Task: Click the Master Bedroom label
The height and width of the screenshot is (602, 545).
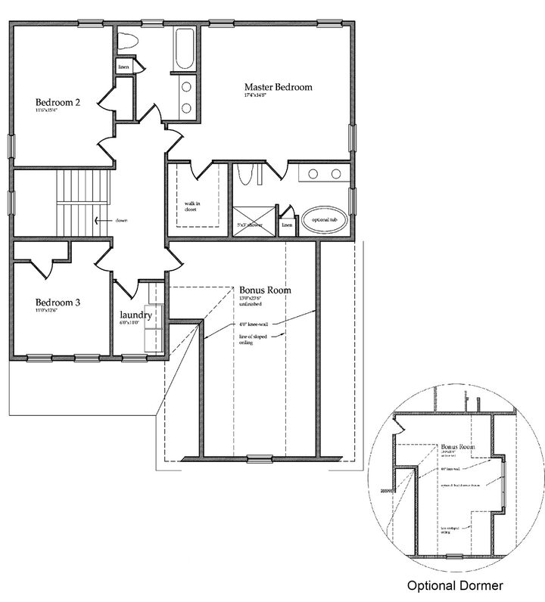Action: (x=278, y=87)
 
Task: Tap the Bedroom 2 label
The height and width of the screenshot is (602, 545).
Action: (x=58, y=102)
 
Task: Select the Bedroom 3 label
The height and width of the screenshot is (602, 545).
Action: (x=58, y=303)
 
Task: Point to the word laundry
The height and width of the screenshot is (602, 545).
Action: (x=136, y=315)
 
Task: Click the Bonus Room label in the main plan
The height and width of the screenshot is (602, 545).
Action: (x=265, y=290)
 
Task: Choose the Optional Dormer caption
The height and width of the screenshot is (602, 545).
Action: (x=455, y=585)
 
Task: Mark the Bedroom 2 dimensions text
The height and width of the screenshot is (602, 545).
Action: (x=51, y=111)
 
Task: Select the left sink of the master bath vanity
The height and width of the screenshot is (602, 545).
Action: (x=312, y=174)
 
